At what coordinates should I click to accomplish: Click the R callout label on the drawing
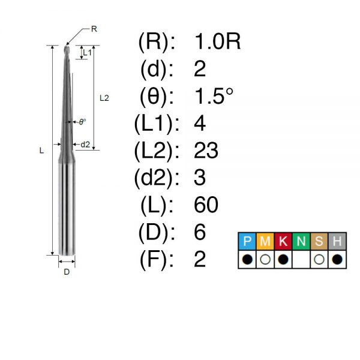click(x=94, y=29)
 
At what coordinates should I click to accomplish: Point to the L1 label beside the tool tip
click(x=87, y=53)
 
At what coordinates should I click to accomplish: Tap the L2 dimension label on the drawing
click(x=104, y=98)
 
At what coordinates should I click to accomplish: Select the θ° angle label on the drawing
click(x=82, y=122)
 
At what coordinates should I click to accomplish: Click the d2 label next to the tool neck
click(x=85, y=145)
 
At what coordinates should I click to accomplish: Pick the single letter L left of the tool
click(x=41, y=151)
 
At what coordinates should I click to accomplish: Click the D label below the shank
click(x=67, y=272)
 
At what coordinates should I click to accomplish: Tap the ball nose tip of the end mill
click(x=67, y=47)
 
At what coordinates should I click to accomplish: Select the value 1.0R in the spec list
click(x=217, y=41)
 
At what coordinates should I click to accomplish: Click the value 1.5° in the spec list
click(x=214, y=96)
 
